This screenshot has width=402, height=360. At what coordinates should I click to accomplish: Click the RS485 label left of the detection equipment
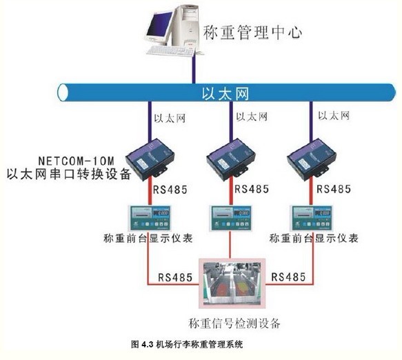click(175, 277)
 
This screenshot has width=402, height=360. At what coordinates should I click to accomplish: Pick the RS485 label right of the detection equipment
click(288, 277)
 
